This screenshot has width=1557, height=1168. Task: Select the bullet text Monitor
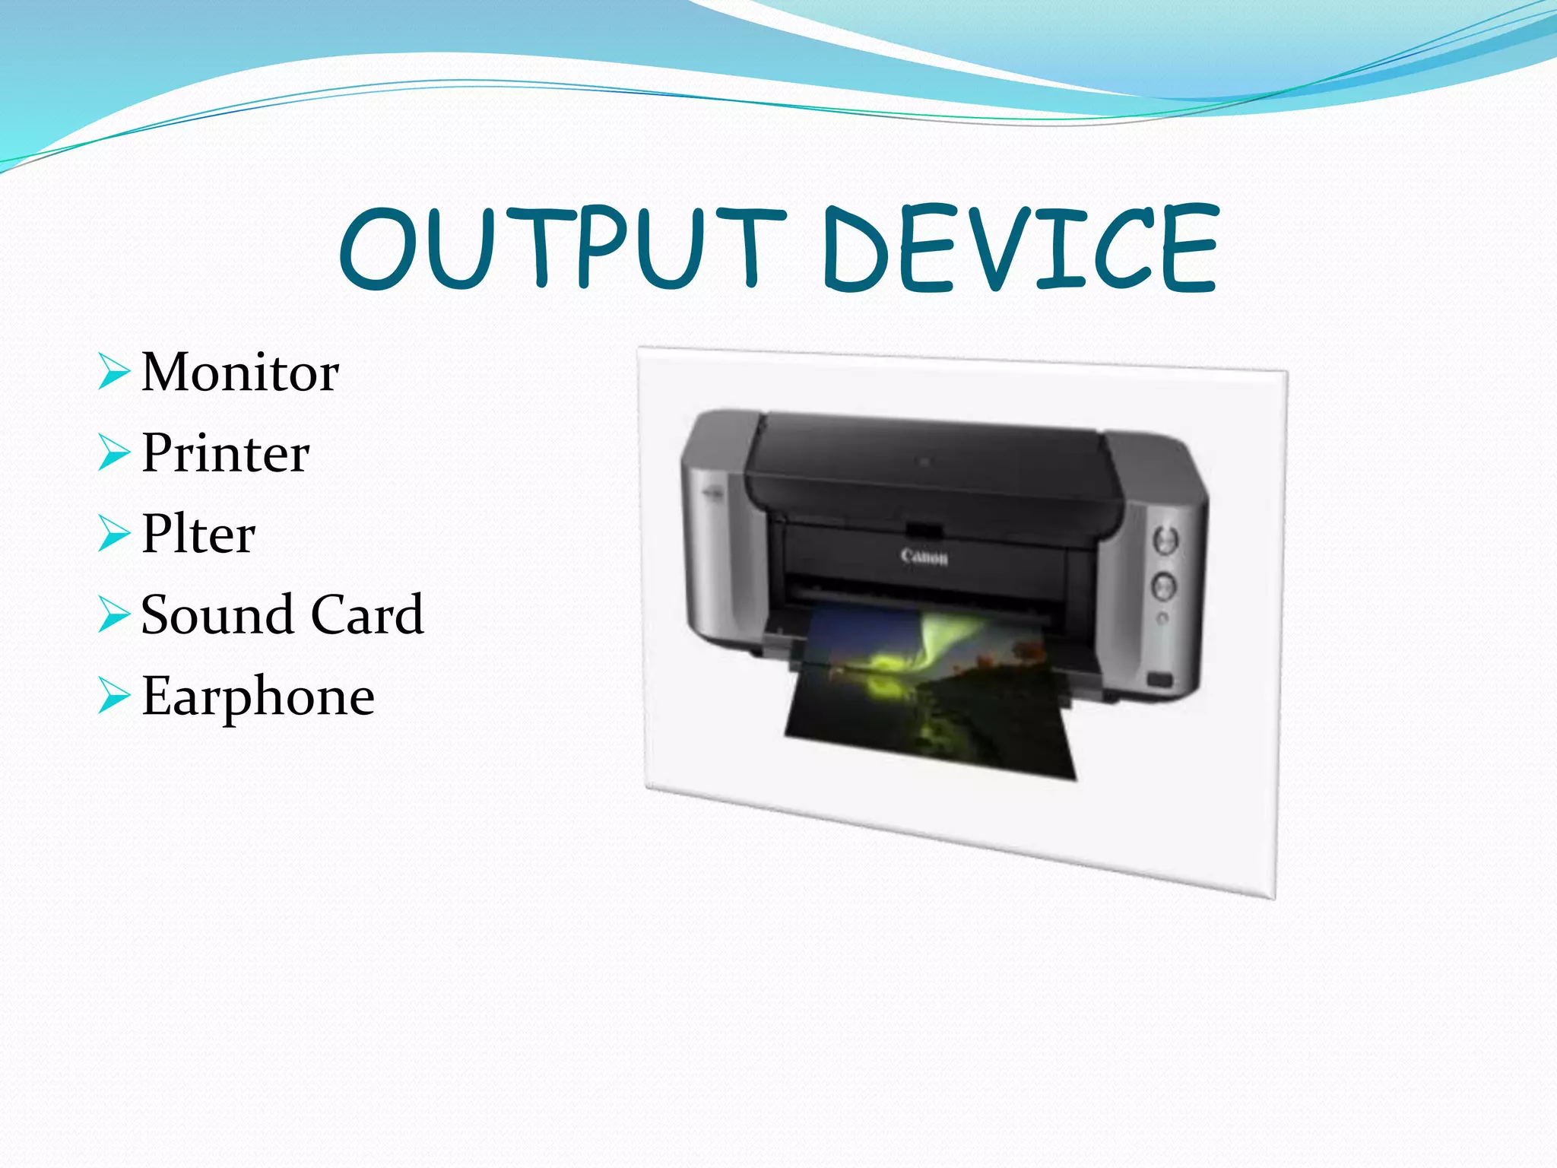pyautogui.click(x=240, y=373)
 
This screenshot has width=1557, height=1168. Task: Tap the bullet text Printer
pyautogui.click(x=226, y=454)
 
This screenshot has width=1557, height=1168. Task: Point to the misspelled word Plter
pyautogui.click(x=198, y=535)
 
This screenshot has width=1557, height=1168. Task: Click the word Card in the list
pyautogui.click(x=366, y=615)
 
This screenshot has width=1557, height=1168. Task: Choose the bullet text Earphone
pyautogui.click(x=258, y=697)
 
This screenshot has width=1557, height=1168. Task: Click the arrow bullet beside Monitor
pyautogui.click(x=114, y=372)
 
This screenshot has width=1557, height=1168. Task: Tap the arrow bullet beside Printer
pyautogui.click(x=114, y=452)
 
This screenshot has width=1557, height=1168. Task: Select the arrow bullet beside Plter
pyautogui.click(x=114, y=533)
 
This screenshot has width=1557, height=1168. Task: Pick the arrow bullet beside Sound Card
pyautogui.click(x=114, y=614)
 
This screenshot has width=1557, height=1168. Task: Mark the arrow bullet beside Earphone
pyautogui.click(x=114, y=696)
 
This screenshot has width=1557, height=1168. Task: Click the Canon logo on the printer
pyautogui.click(x=924, y=557)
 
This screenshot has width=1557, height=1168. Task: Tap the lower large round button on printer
pyautogui.click(x=1163, y=586)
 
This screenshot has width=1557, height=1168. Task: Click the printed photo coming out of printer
pyautogui.click(x=928, y=700)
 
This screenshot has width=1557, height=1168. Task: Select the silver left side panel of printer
pyautogui.click(x=722, y=532)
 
